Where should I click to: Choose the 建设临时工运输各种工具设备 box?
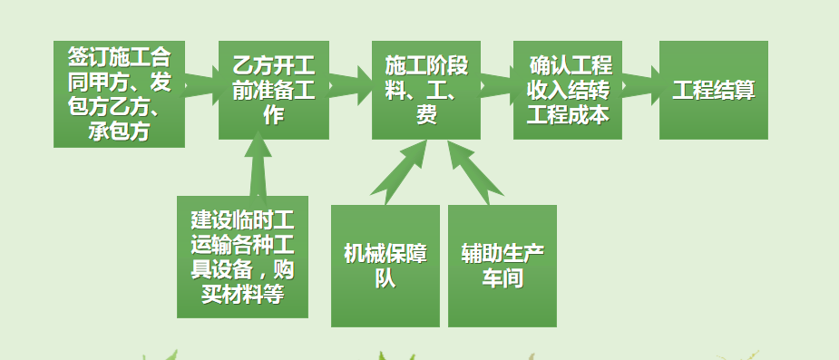(x=242, y=257)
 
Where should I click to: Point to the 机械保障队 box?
(x=385, y=266)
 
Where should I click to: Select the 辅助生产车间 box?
(x=502, y=266)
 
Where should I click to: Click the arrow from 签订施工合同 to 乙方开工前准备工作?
(x=202, y=86)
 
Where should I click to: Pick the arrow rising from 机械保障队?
(x=400, y=172)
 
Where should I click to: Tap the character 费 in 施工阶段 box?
(x=425, y=114)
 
